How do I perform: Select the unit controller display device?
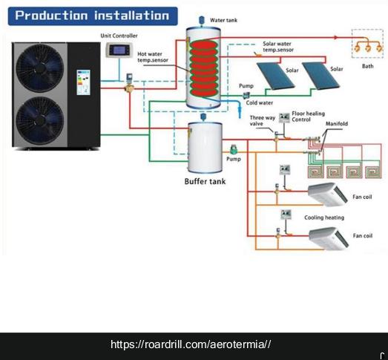click(x=117, y=50)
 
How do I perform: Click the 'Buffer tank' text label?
click(x=205, y=180)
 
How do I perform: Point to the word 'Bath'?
click(x=367, y=66)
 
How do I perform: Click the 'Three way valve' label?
click(x=260, y=121)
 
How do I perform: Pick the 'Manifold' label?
click(x=336, y=123)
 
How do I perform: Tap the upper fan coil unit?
click(x=327, y=194)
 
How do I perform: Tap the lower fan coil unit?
click(x=327, y=236)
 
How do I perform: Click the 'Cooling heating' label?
click(x=324, y=217)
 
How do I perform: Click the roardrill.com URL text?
click(x=191, y=344)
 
